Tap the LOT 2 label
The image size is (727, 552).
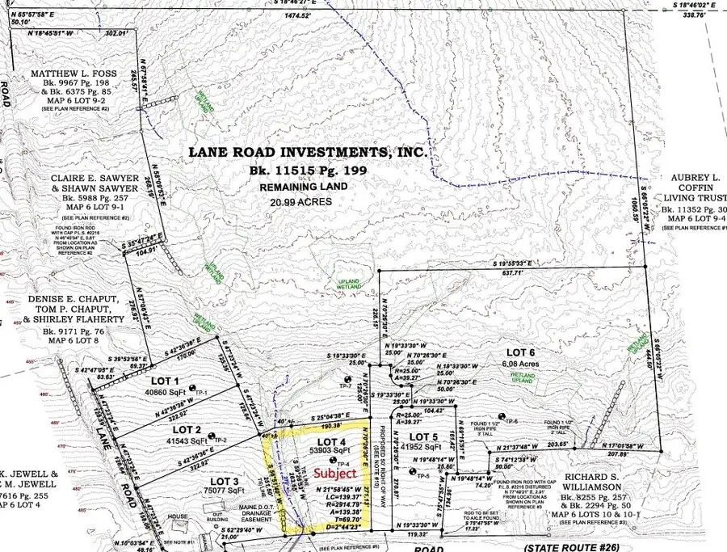(187, 429)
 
